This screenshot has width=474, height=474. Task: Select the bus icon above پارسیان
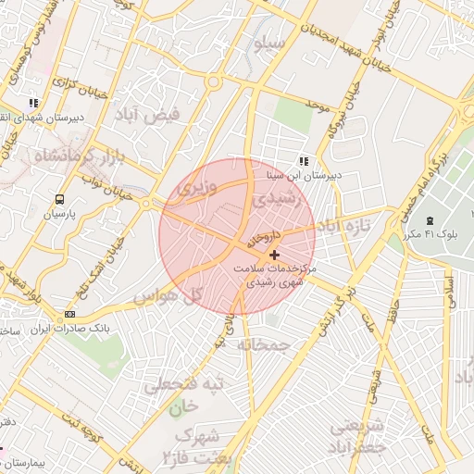pos(60,198)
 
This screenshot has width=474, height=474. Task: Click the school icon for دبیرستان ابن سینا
pos(304,162)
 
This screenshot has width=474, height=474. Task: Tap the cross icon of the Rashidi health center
pos(273,254)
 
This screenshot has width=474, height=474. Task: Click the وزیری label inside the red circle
pos(196,187)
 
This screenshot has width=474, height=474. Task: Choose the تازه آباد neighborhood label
pos(344,226)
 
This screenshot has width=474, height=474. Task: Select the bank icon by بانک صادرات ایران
pos(70,315)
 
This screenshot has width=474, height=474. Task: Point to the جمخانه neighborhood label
pos(264,344)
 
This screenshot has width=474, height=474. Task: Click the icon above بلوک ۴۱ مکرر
pos(429,219)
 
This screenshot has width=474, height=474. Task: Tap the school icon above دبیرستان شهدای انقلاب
pos(34,103)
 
